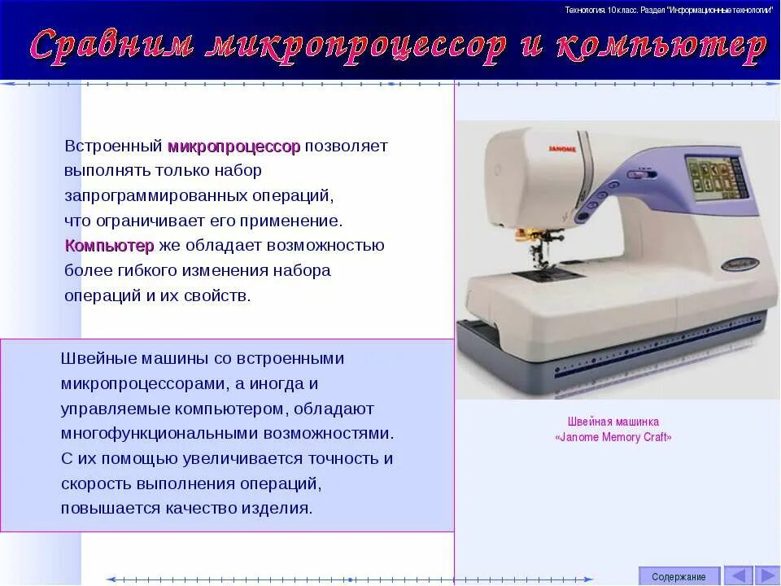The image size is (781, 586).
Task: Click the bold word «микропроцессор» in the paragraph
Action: point(233,146)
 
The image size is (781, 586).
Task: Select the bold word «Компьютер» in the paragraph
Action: point(109,246)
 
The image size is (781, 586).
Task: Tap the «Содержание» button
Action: point(678,576)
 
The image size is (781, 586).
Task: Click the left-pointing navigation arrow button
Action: point(738,575)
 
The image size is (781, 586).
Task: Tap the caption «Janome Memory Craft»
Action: point(613,437)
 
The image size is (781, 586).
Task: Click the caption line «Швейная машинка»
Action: point(613,422)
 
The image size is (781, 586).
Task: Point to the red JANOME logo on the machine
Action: point(561,149)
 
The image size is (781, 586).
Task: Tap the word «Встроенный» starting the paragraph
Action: point(114,146)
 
